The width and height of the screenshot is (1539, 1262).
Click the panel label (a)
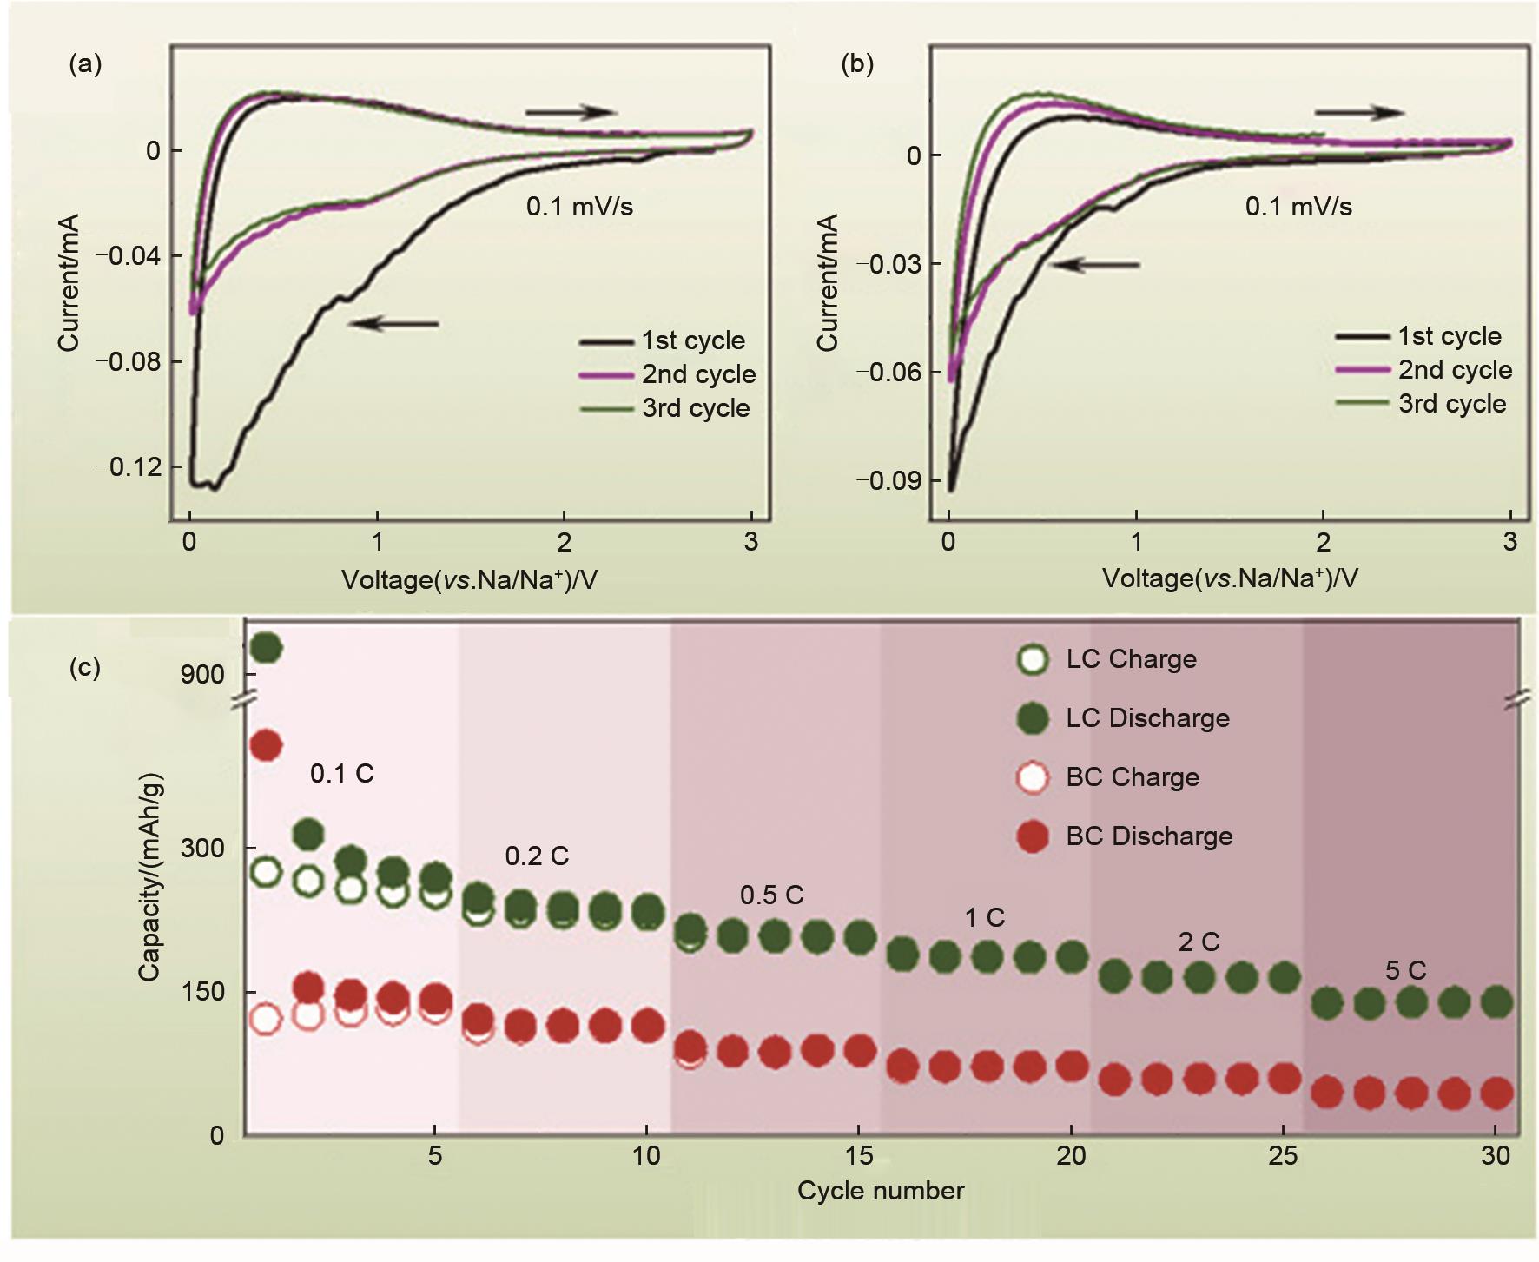(85, 64)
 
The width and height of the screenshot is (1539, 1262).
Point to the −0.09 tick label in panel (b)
(888, 480)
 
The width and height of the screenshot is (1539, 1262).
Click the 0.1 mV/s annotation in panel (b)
(1298, 207)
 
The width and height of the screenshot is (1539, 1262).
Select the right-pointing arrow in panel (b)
(1359, 112)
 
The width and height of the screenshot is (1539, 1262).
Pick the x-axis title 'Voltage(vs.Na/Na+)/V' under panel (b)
(1230, 578)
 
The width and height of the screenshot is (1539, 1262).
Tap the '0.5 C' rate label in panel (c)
(771, 895)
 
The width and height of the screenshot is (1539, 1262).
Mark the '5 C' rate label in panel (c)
(1405, 970)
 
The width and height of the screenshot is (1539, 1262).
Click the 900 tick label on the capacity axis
(202, 675)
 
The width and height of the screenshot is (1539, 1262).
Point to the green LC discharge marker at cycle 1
(266, 648)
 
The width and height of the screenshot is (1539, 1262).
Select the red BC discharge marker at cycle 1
(266, 745)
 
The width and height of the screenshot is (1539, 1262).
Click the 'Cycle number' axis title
(881, 1191)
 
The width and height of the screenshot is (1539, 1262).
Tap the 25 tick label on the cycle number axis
(1283, 1156)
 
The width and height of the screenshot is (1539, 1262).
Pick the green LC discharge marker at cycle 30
(1496, 1003)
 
